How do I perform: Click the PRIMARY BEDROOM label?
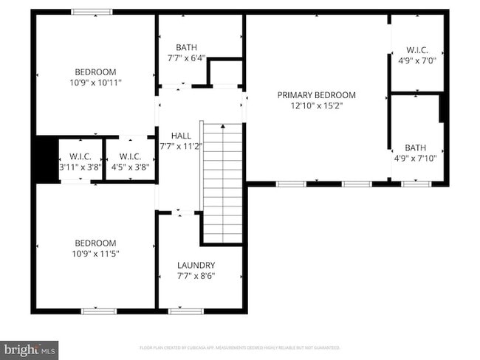coord(316,95)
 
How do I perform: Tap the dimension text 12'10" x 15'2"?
coord(316,106)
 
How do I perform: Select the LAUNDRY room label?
coord(196,266)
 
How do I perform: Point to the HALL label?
coord(181,136)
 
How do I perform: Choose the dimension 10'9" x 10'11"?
coord(95,83)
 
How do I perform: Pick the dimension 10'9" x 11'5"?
coord(95,254)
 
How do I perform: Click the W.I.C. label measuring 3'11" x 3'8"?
coord(80,156)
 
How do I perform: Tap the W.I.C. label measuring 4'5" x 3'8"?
coord(130,156)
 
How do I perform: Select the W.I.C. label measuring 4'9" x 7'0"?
coord(416,51)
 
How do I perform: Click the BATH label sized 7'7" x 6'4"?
coord(186,47)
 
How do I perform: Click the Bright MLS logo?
coord(30,348)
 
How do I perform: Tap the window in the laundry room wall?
coord(186,311)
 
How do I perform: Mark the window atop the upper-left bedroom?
coord(92,12)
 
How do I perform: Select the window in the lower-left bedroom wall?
coord(99,311)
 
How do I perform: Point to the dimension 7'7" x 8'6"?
coord(196,277)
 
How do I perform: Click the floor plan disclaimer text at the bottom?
coord(240,347)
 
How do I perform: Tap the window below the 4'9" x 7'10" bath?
coord(416,184)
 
